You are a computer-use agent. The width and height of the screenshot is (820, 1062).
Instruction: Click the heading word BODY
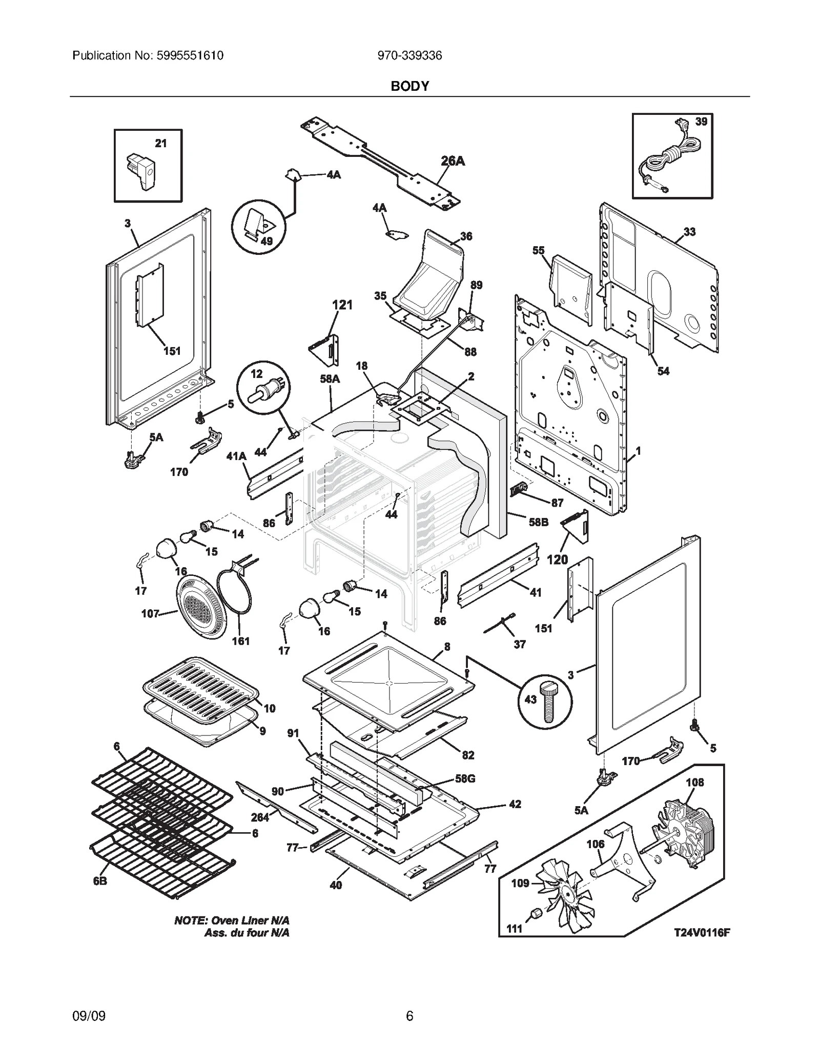click(x=409, y=86)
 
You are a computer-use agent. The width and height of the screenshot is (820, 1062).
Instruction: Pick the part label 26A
click(x=453, y=161)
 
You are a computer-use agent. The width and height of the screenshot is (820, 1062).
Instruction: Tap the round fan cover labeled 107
click(x=200, y=607)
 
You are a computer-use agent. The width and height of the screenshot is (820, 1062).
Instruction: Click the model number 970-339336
click(x=409, y=55)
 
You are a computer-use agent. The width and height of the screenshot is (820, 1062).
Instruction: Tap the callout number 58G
click(x=465, y=778)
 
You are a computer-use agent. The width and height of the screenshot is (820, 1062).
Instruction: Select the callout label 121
click(x=342, y=305)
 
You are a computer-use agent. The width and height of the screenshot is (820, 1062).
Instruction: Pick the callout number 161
click(x=240, y=640)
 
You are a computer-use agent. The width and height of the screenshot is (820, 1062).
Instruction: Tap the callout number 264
click(x=260, y=817)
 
